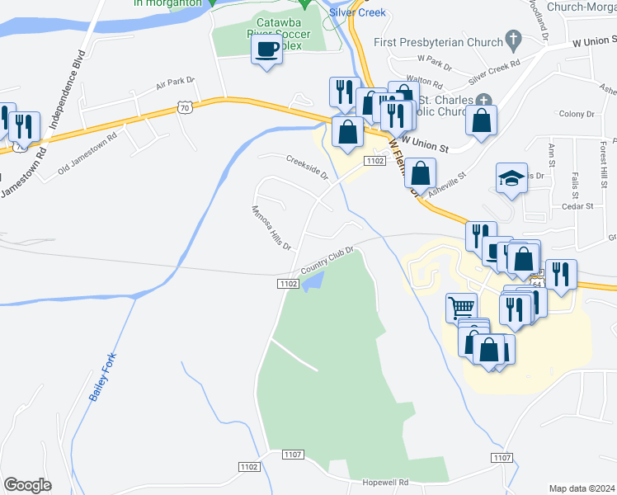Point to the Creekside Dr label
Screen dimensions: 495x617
tap(307, 167)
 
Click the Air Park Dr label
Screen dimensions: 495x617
tap(175, 82)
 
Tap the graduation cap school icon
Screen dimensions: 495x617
tap(511, 178)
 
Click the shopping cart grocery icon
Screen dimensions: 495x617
tap(461, 308)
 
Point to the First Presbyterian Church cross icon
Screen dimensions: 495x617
tap(514, 39)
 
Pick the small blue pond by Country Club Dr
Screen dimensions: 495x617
tap(312, 283)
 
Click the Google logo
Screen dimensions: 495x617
tap(28, 485)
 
